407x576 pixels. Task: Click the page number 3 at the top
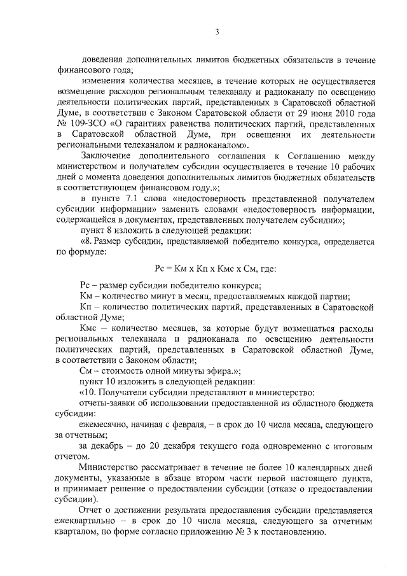click(x=217, y=32)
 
